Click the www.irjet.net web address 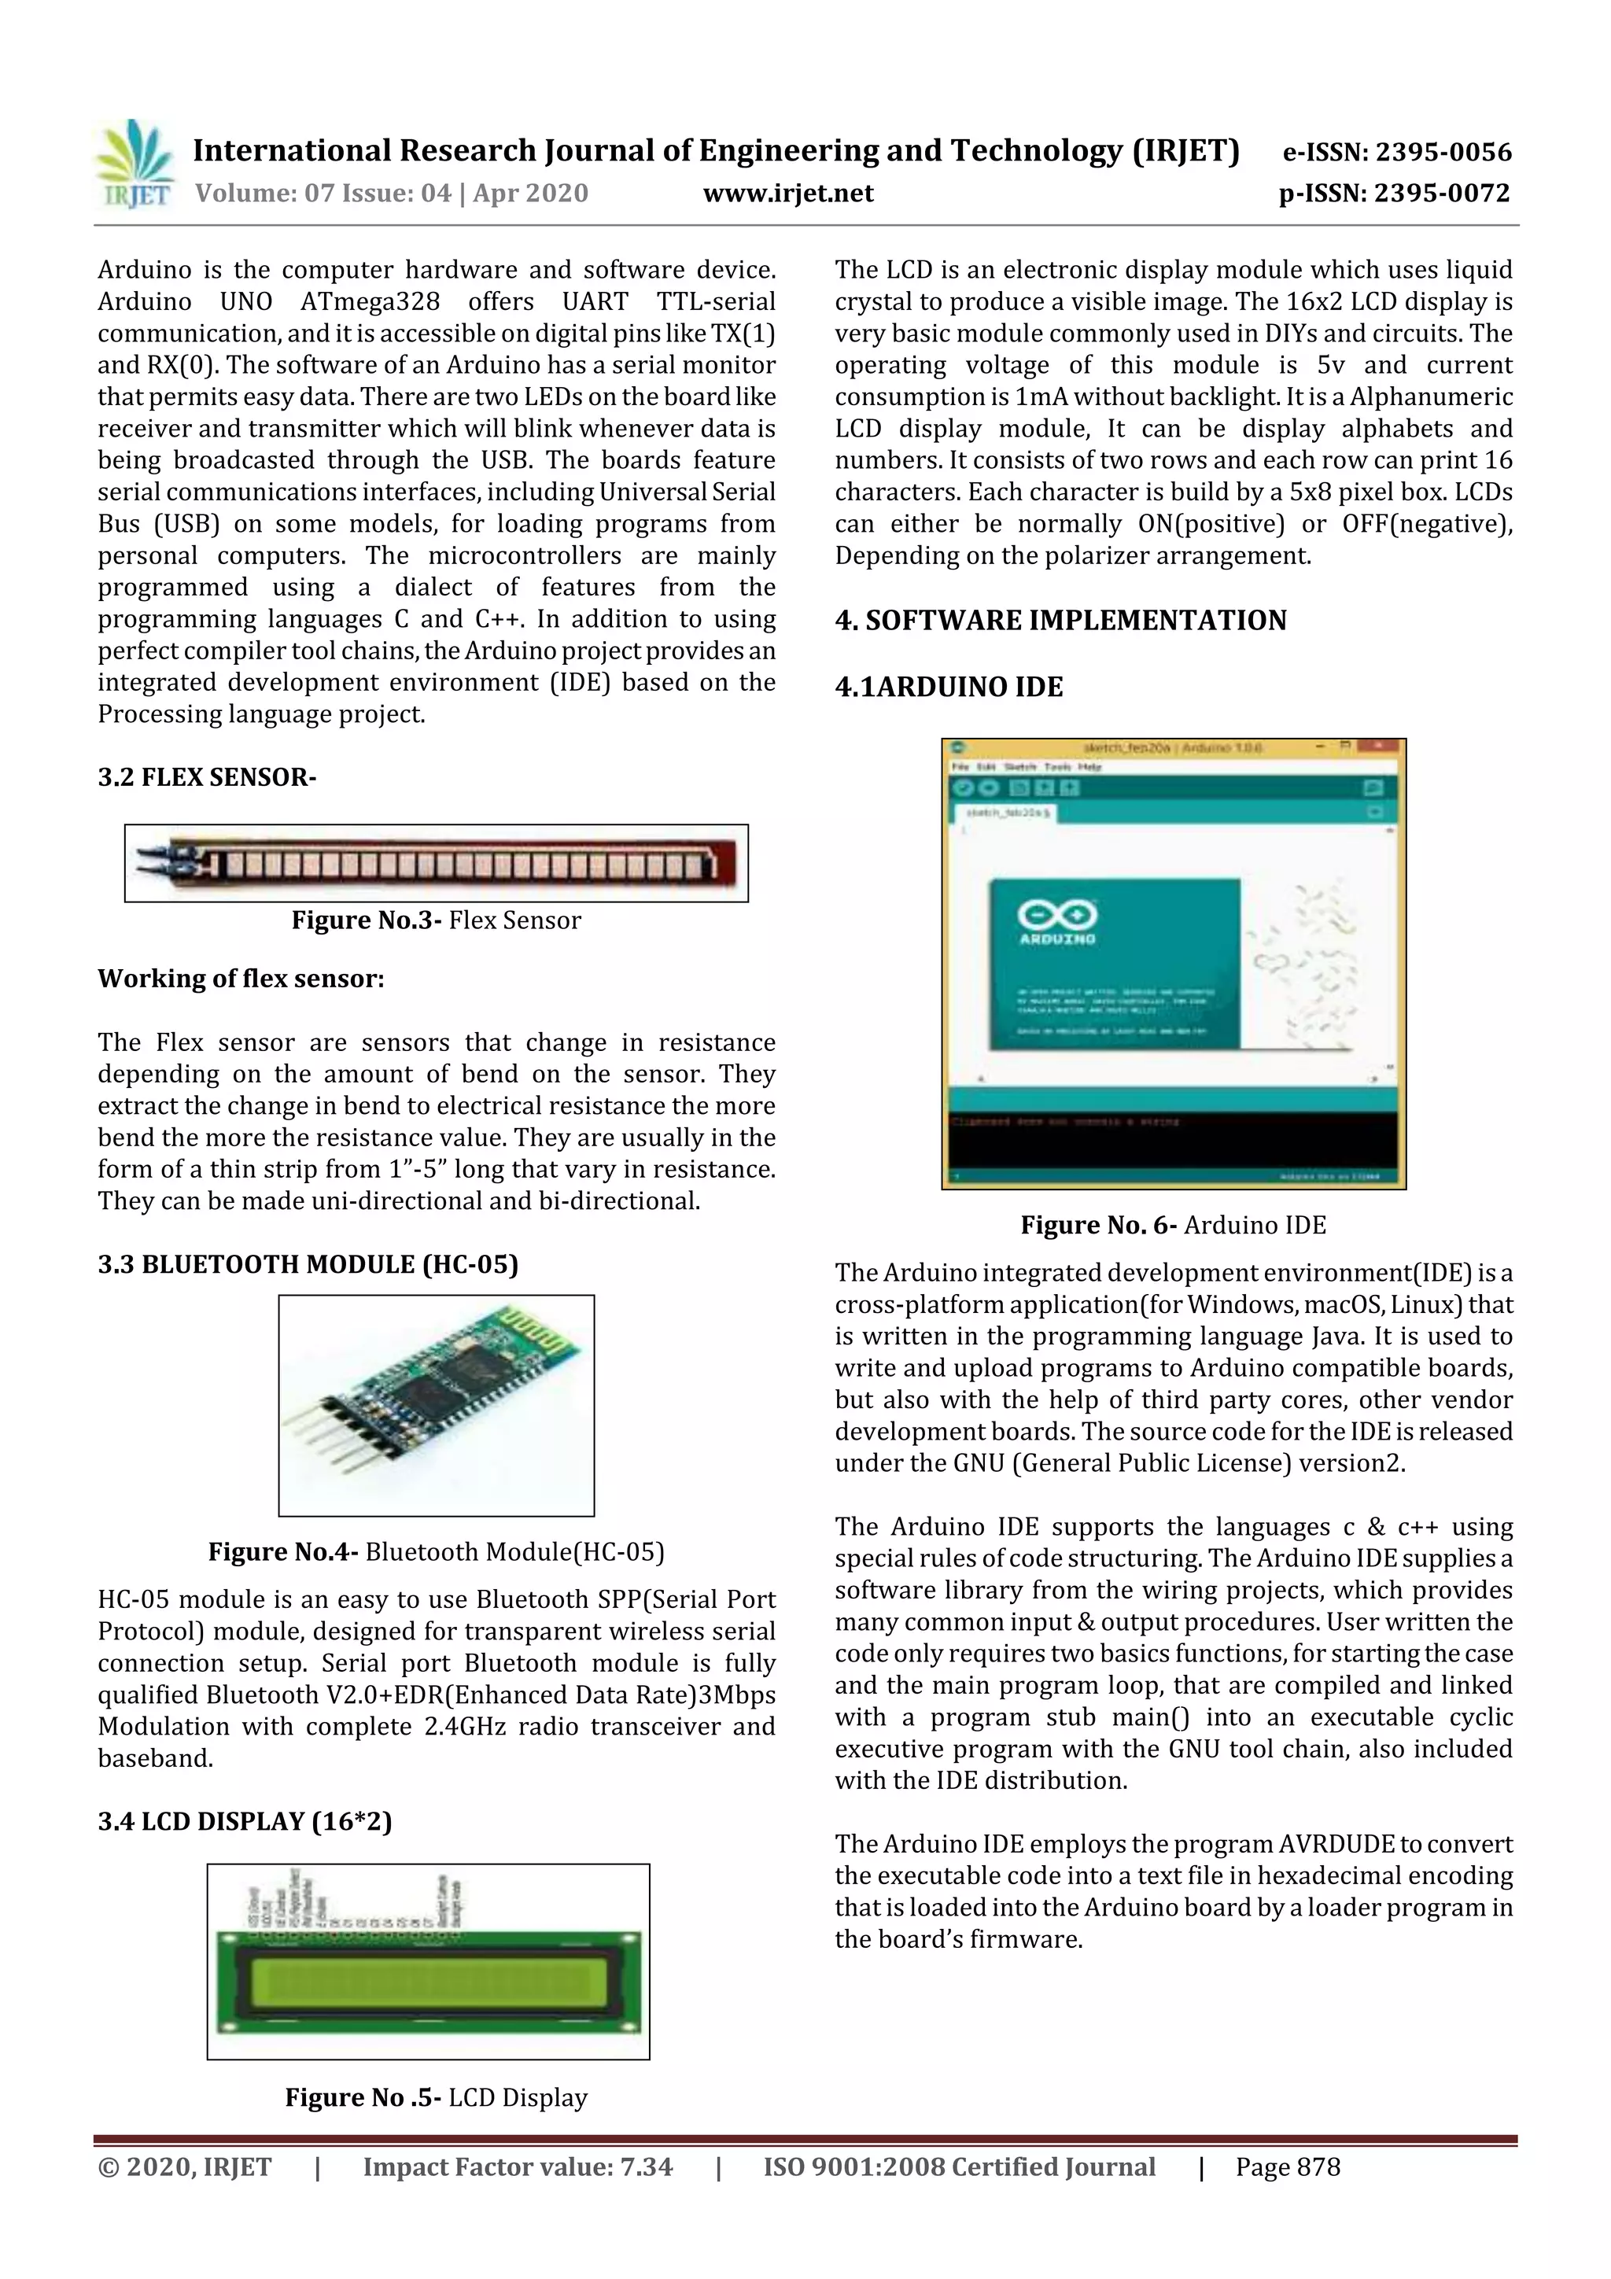click(788, 194)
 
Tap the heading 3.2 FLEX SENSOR click(206, 777)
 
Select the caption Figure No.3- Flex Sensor click(436, 920)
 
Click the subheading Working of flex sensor click(240, 979)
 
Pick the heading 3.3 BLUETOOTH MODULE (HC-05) click(308, 1264)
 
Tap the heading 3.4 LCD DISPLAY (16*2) click(244, 1821)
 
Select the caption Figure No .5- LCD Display click(436, 2097)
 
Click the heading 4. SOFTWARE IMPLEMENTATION click(1060, 621)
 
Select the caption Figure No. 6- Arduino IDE click(1174, 1225)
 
